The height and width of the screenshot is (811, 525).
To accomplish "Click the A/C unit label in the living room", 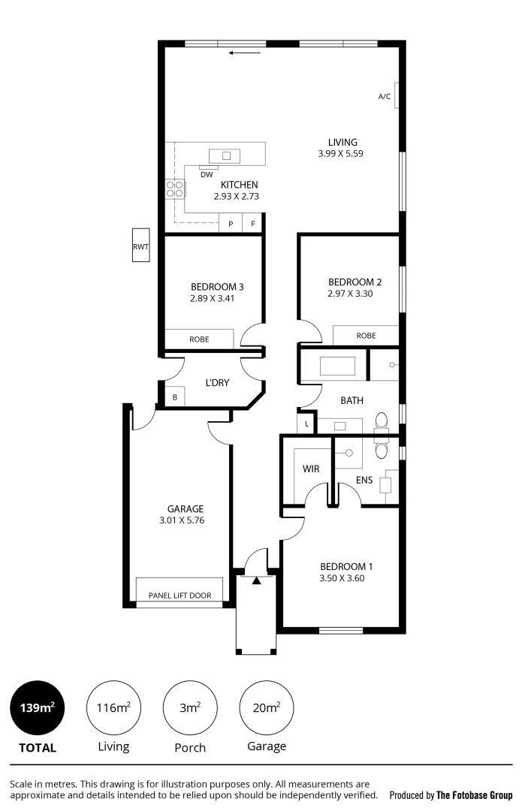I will tap(384, 96).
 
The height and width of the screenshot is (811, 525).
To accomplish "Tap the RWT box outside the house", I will tap(140, 246).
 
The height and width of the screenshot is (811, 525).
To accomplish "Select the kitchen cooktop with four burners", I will tap(175, 189).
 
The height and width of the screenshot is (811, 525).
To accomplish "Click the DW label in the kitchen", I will tap(206, 174).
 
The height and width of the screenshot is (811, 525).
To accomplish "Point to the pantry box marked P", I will tap(231, 224).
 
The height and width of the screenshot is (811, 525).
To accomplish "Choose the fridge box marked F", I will tap(253, 224).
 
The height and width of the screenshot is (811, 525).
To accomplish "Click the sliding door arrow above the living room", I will tap(245, 53).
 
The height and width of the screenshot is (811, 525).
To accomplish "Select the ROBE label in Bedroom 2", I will tap(366, 336).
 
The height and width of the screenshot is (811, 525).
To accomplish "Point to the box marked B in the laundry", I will tap(175, 397).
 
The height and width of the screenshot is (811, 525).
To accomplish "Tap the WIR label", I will tap(311, 469).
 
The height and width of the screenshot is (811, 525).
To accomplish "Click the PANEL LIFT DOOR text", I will tap(180, 595).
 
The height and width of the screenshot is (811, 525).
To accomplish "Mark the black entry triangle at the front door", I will tap(257, 580).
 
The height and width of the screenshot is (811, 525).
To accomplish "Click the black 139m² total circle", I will tap(37, 707).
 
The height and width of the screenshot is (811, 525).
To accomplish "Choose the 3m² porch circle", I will tap(189, 707).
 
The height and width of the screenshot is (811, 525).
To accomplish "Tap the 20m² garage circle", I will tap(266, 707).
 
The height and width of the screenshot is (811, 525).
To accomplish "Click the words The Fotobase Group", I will tap(474, 794).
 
